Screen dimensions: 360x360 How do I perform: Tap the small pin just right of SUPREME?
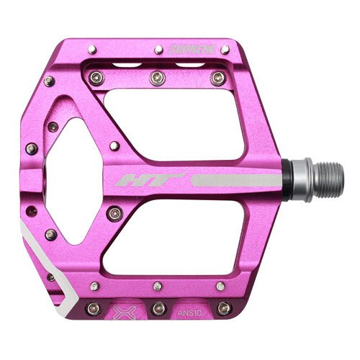click(225, 50)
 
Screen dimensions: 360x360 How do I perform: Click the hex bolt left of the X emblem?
click(91, 309)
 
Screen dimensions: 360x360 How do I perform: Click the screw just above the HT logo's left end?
click(113, 146)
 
